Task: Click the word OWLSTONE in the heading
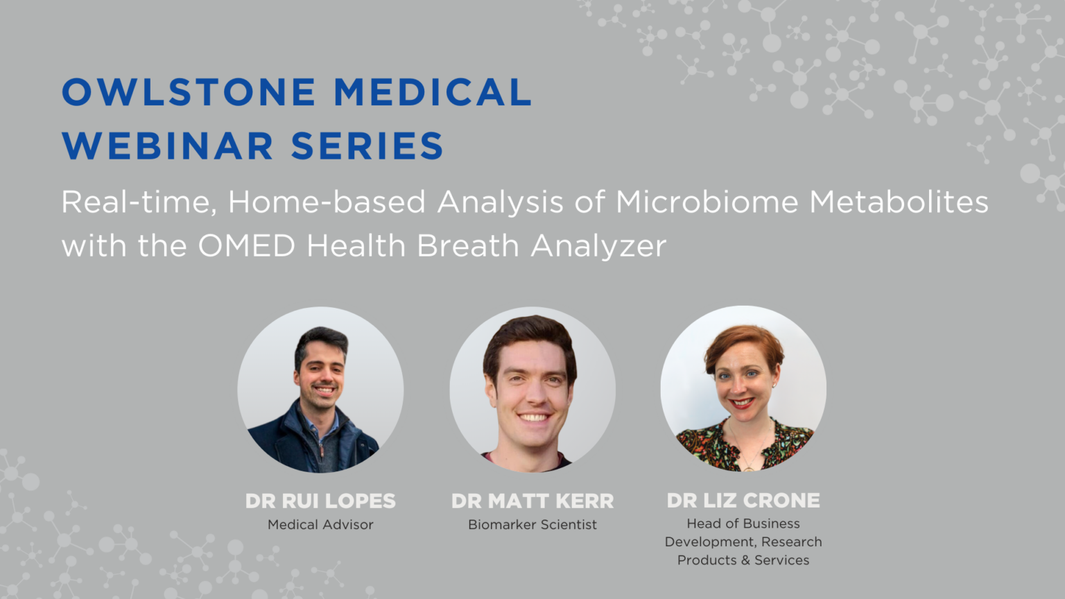pyautogui.click(x=189, y=92)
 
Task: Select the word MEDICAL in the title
pyautogui.click(x=433, y=92)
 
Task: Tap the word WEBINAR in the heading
pyautogui.click(x=168, y=146)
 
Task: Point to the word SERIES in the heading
pyautogui.click(x=367, y=146)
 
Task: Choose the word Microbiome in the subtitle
pyautogui.click(x=707, y=202)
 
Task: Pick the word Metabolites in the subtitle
pyautogui.click(x=899, y=202)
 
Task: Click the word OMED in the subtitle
pyautogui.click(x=246, y=246)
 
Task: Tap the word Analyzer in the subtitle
pyautogui.click(x=598, y=246)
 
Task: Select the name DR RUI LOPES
pyautogui.click(x=320, y=501)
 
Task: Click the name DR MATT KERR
pyautogui.click(x=532, y=501)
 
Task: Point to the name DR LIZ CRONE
pyautogui.click(x=743, y=500)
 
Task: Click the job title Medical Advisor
pyautogui.click(x=320, y=524)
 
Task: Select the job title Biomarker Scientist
pyautogui.click(x=532, y=524)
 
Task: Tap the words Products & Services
pyautogui.click(x=743, y=560)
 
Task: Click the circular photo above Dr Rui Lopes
pyautogui.click(x=320, y=390)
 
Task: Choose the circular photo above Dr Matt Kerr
pyautogui.click(x=532, y=390)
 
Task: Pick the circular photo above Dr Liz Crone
pyautogui.click(x=743, y=388)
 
